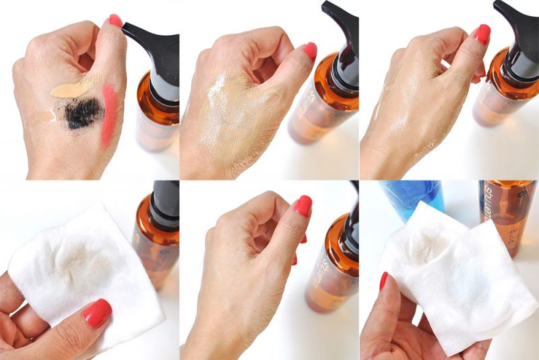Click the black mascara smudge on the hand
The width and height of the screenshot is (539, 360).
point(83,113)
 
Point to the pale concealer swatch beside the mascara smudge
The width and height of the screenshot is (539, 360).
point(42,116)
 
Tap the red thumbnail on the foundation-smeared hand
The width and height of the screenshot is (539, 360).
point(310,51)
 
